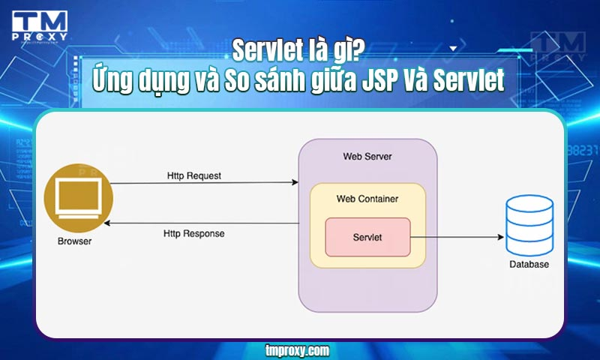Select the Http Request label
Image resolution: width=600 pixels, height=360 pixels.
194,175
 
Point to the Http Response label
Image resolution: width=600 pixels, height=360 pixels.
194,233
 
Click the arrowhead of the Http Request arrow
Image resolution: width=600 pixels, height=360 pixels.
294,183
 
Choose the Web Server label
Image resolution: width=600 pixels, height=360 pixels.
367,156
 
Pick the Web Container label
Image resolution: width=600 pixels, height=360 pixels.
367,199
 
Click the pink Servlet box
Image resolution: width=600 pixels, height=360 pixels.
367,237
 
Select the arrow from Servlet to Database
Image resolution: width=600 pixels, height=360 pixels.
457,237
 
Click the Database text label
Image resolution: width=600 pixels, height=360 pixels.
529,265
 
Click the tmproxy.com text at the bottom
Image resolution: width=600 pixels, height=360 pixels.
298,349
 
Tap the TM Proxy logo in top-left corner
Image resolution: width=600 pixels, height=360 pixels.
40,27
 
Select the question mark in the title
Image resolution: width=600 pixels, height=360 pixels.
360,50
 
